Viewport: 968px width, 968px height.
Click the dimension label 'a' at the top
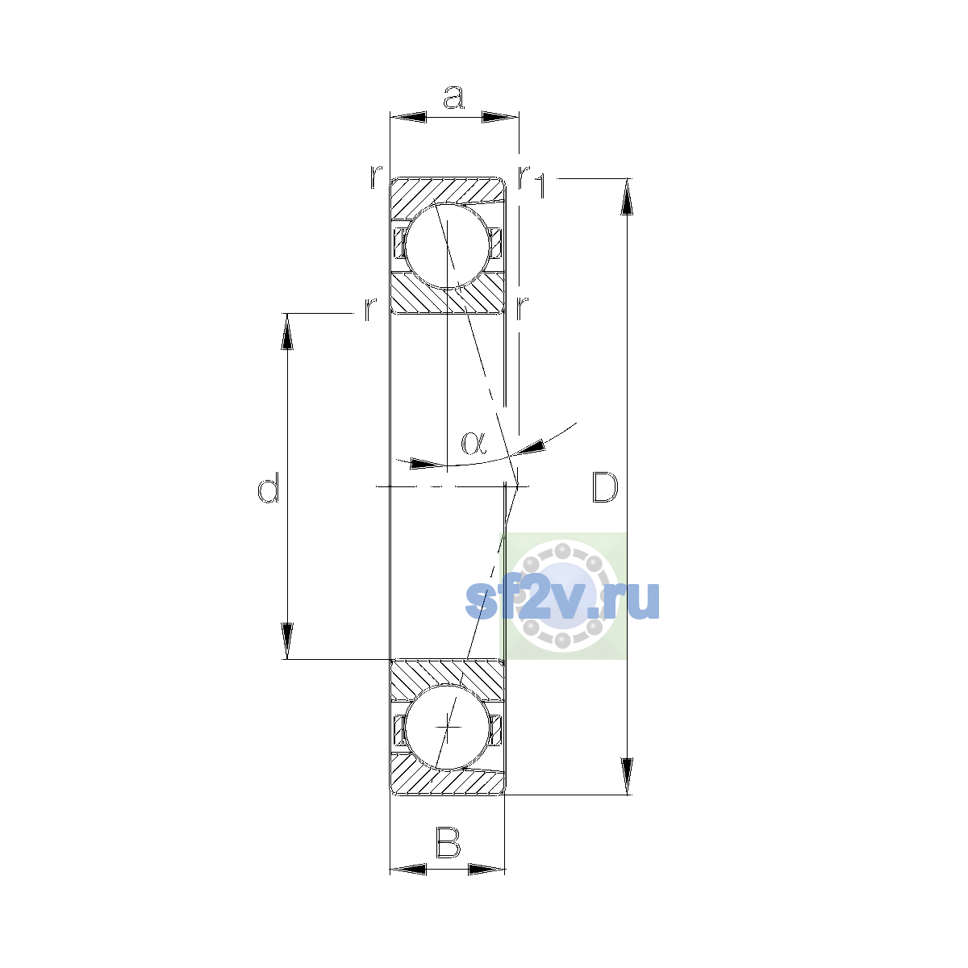453,98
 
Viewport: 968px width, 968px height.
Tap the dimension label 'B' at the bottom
448,842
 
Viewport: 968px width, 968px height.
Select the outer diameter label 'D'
605,487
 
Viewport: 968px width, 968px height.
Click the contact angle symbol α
474,443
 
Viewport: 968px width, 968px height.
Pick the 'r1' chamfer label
532,181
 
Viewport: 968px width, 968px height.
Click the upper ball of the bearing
447,246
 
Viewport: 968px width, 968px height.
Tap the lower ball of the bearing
447,727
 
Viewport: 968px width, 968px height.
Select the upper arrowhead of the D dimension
627,196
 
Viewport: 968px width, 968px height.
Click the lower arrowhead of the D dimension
627,776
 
